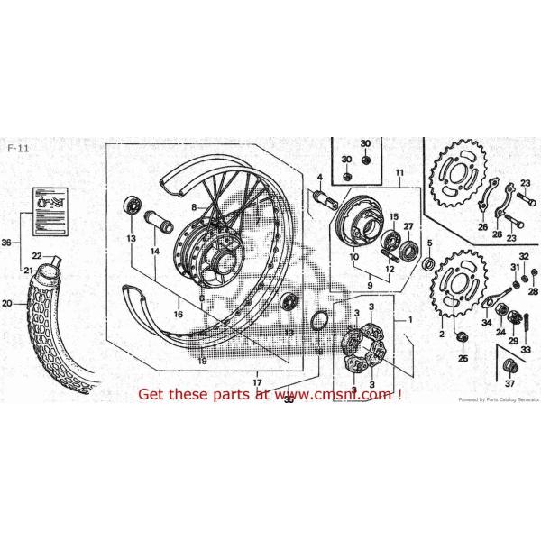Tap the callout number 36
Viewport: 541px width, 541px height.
tap(6, 243)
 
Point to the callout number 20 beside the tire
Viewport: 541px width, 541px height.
tap(6, 304)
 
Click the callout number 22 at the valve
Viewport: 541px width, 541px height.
tap(37, 256)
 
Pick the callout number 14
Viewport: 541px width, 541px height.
tap(155, 252)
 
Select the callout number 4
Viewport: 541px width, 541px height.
tap(318, 176)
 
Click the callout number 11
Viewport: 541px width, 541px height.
tap(398, 172)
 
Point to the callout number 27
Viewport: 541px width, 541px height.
tap(408, 226)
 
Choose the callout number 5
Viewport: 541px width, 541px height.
tap(429, 243)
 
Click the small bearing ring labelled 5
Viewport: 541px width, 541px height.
tap(429, 263)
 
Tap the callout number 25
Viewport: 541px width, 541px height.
tap(463, 358)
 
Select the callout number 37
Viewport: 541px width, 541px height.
tap(509, 383)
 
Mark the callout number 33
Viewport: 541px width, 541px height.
tap(526, 349)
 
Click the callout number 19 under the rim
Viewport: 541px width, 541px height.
tap(203, 360)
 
